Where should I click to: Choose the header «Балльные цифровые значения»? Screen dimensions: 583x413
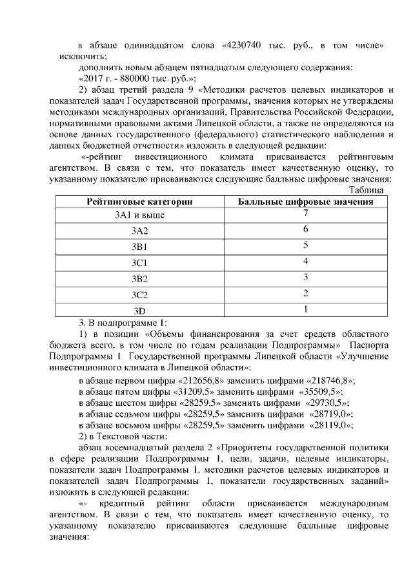(x=306, y=202)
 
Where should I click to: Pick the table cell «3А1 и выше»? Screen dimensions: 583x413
(x=140, y=215)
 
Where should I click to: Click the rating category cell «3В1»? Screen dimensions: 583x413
(x=140, y=247)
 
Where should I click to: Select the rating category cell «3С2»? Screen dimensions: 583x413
(x=140, y=295)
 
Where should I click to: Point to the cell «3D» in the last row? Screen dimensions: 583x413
(x=140, y=311)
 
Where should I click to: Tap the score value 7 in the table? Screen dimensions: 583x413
(x=305, y=213)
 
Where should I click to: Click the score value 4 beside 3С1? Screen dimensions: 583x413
(x=305, y=261)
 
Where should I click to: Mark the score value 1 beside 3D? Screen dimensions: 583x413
(x=305, y=309)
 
